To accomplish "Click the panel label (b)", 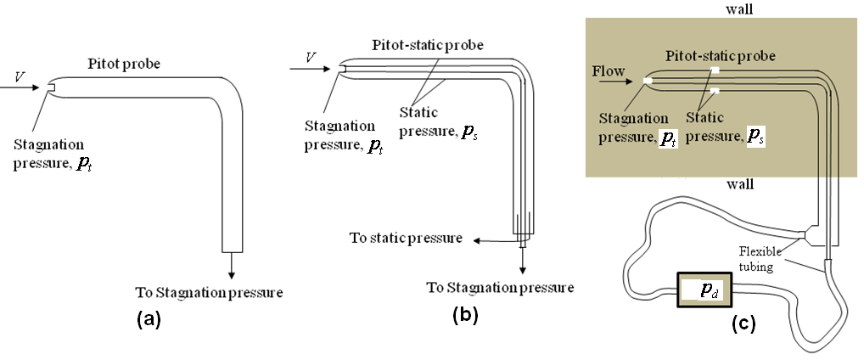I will click(466, 316).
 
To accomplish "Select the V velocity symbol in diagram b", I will click(311, 57).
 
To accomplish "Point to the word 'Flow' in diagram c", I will click(608, 72).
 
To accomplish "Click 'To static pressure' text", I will click(406, 238).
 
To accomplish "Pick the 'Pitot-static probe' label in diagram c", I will click(719, 56).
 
